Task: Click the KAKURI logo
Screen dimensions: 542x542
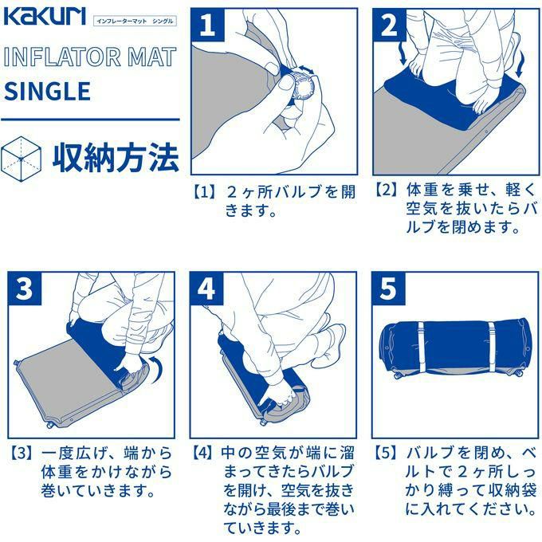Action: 45,17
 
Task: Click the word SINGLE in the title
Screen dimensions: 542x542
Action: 47,91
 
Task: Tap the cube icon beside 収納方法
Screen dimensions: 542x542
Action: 21,159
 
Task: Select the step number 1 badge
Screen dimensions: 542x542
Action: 208,25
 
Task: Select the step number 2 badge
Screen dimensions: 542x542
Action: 389,25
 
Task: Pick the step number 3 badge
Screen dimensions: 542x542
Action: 25,289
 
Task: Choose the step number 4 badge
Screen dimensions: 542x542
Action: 206,289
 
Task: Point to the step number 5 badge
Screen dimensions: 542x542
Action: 388,289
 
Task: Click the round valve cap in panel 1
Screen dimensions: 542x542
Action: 304,86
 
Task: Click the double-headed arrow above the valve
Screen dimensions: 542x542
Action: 307,69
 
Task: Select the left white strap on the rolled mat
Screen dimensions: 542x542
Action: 421,347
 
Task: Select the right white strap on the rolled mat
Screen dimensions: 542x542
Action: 492,347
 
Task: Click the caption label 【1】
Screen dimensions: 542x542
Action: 205,192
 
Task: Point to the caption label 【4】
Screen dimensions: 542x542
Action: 205,453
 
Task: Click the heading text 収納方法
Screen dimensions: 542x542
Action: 116,158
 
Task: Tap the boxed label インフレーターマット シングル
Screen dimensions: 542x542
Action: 135,21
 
